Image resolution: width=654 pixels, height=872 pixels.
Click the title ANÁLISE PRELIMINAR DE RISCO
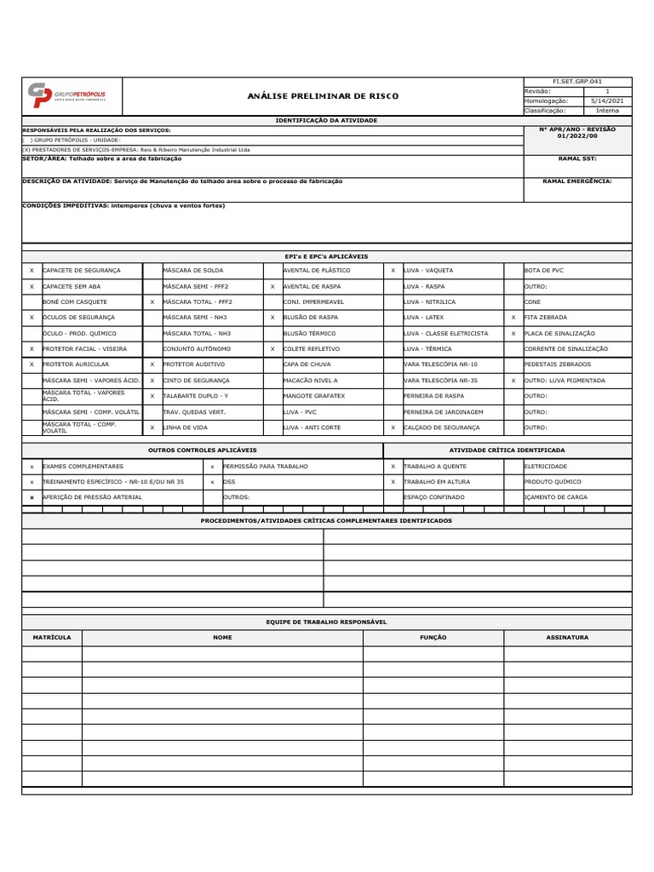(322, 96)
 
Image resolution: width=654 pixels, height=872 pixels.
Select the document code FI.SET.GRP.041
(577, 82)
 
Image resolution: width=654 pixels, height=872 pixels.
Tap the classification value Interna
(607, 111)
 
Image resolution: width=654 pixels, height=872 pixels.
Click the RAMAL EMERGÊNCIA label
(577, 181)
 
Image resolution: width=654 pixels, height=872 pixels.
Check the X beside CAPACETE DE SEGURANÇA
(32, 270)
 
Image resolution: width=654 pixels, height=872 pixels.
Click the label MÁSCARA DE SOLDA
(192, 270)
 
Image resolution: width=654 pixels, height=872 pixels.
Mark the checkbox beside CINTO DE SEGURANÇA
(152, 381)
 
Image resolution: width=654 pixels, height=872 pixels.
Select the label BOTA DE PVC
(545, 270)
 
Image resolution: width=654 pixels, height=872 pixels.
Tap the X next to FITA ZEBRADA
(513, 317)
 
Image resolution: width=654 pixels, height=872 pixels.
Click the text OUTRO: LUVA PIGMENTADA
(565, 381)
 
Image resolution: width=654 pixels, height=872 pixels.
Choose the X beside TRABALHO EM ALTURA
(393, 481)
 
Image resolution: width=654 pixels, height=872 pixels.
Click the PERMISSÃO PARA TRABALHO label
(265, 467)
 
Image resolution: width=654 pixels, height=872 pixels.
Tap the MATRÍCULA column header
(52, 637)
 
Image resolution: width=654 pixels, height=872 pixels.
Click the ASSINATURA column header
(567, 637)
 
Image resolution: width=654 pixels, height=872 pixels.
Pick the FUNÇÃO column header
(433, 637)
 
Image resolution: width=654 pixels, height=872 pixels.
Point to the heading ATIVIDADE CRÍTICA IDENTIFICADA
(507, 450)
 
